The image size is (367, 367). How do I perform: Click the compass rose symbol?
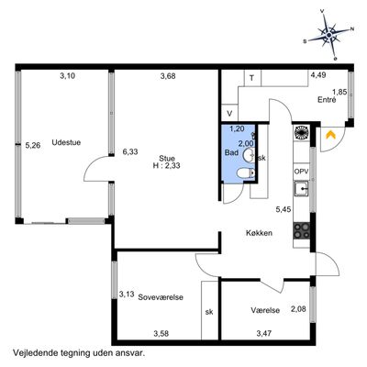coord(328,35)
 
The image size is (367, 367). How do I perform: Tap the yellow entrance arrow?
coord(330,135)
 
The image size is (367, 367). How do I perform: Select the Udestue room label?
coord(66,142)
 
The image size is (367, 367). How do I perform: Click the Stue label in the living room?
coord(167,159)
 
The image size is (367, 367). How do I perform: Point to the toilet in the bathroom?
coord(246,173)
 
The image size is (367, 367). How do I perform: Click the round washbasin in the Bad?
coord(249,155)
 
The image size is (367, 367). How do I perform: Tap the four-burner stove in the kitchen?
coord(302,231)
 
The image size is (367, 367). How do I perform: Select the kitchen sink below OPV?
coord(302,189)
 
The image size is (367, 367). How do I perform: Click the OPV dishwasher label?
coord(302,172)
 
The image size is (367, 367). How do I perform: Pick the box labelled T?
coord(252,78)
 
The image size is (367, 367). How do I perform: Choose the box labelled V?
coord(229,113)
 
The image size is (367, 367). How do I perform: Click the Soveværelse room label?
coord(161,297)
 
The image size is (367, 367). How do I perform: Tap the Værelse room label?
coord(265,310)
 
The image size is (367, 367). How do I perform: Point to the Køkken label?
coord(259,233)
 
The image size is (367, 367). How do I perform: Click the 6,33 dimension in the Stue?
coord(130,151)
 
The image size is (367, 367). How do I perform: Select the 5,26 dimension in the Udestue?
coord(33,146)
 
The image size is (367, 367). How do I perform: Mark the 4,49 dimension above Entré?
coord(318,74)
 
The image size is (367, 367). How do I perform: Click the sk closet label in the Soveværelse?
coord(209,312)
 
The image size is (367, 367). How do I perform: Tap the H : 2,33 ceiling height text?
coord(166,166)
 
